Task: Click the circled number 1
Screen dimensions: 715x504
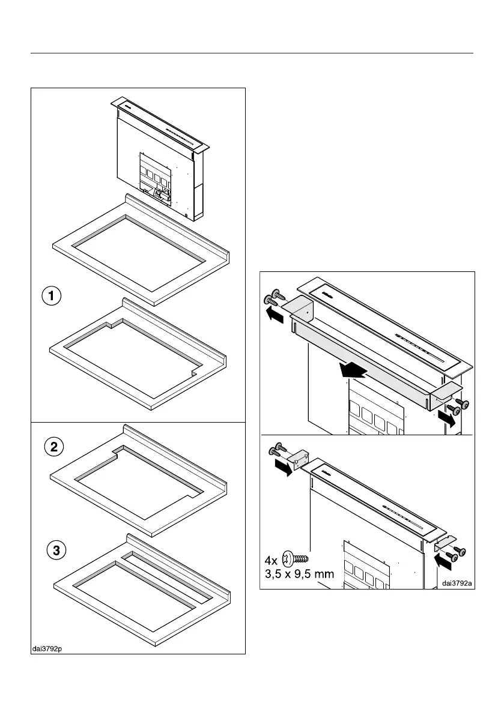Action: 52,297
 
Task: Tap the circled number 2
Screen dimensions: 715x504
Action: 54,447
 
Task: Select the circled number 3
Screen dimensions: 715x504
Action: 55,551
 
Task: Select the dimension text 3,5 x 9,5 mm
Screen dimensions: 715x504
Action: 299,574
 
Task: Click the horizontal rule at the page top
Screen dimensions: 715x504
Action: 252,53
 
